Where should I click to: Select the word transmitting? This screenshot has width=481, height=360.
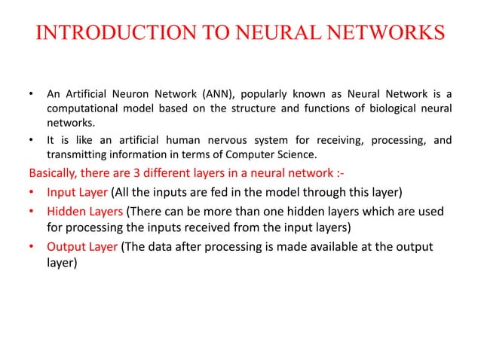click(x=76, y=154)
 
